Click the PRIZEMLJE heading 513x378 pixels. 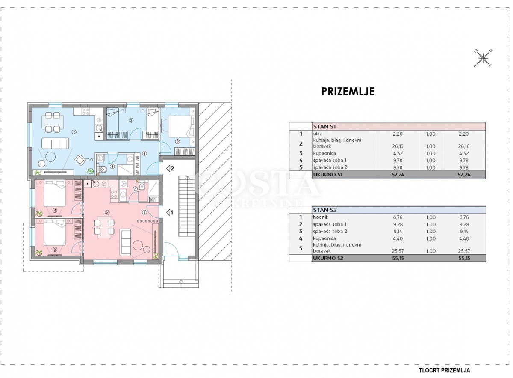pos(348,91)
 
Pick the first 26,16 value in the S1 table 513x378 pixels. pos(398,146)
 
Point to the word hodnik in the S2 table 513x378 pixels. pos(321,217)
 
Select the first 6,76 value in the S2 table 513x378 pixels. pos(398,217)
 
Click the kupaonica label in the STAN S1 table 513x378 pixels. pos(324,153)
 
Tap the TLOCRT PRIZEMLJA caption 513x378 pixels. pos(445,370)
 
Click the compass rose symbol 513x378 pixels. pos(483,58)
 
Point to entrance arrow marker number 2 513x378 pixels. pos(170,169)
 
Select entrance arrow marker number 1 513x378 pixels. pos(170,213)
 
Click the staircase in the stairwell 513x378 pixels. pos(187,206)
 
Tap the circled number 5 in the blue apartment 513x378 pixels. pos(74,132)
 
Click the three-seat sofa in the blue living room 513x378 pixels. pos(55,143)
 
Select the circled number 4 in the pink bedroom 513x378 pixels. pos(55,210)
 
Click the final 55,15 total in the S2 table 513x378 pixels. pos(464,258)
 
